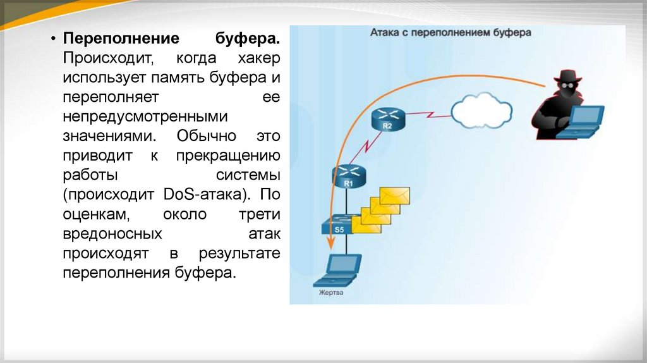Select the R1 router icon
[347, 175]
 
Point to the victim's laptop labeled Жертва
[338, 270]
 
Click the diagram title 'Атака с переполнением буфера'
[450, 33]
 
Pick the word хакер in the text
[259, 59]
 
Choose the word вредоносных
[111, 234]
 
